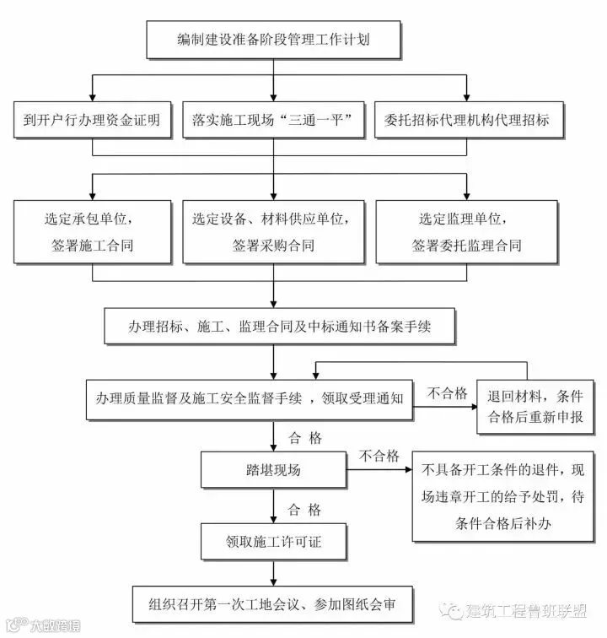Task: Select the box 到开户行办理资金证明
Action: tap(92, 120)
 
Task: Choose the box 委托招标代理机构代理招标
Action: tap(466, 120)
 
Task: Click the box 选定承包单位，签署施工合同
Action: tap(92, 232)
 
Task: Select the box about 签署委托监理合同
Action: tap(466, 232)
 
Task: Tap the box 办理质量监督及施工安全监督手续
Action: tap(249, 397)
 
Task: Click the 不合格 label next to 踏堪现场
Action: tap(379, 457)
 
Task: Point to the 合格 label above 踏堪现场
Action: tap(304, 438)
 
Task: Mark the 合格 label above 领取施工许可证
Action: tap(304, 510)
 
